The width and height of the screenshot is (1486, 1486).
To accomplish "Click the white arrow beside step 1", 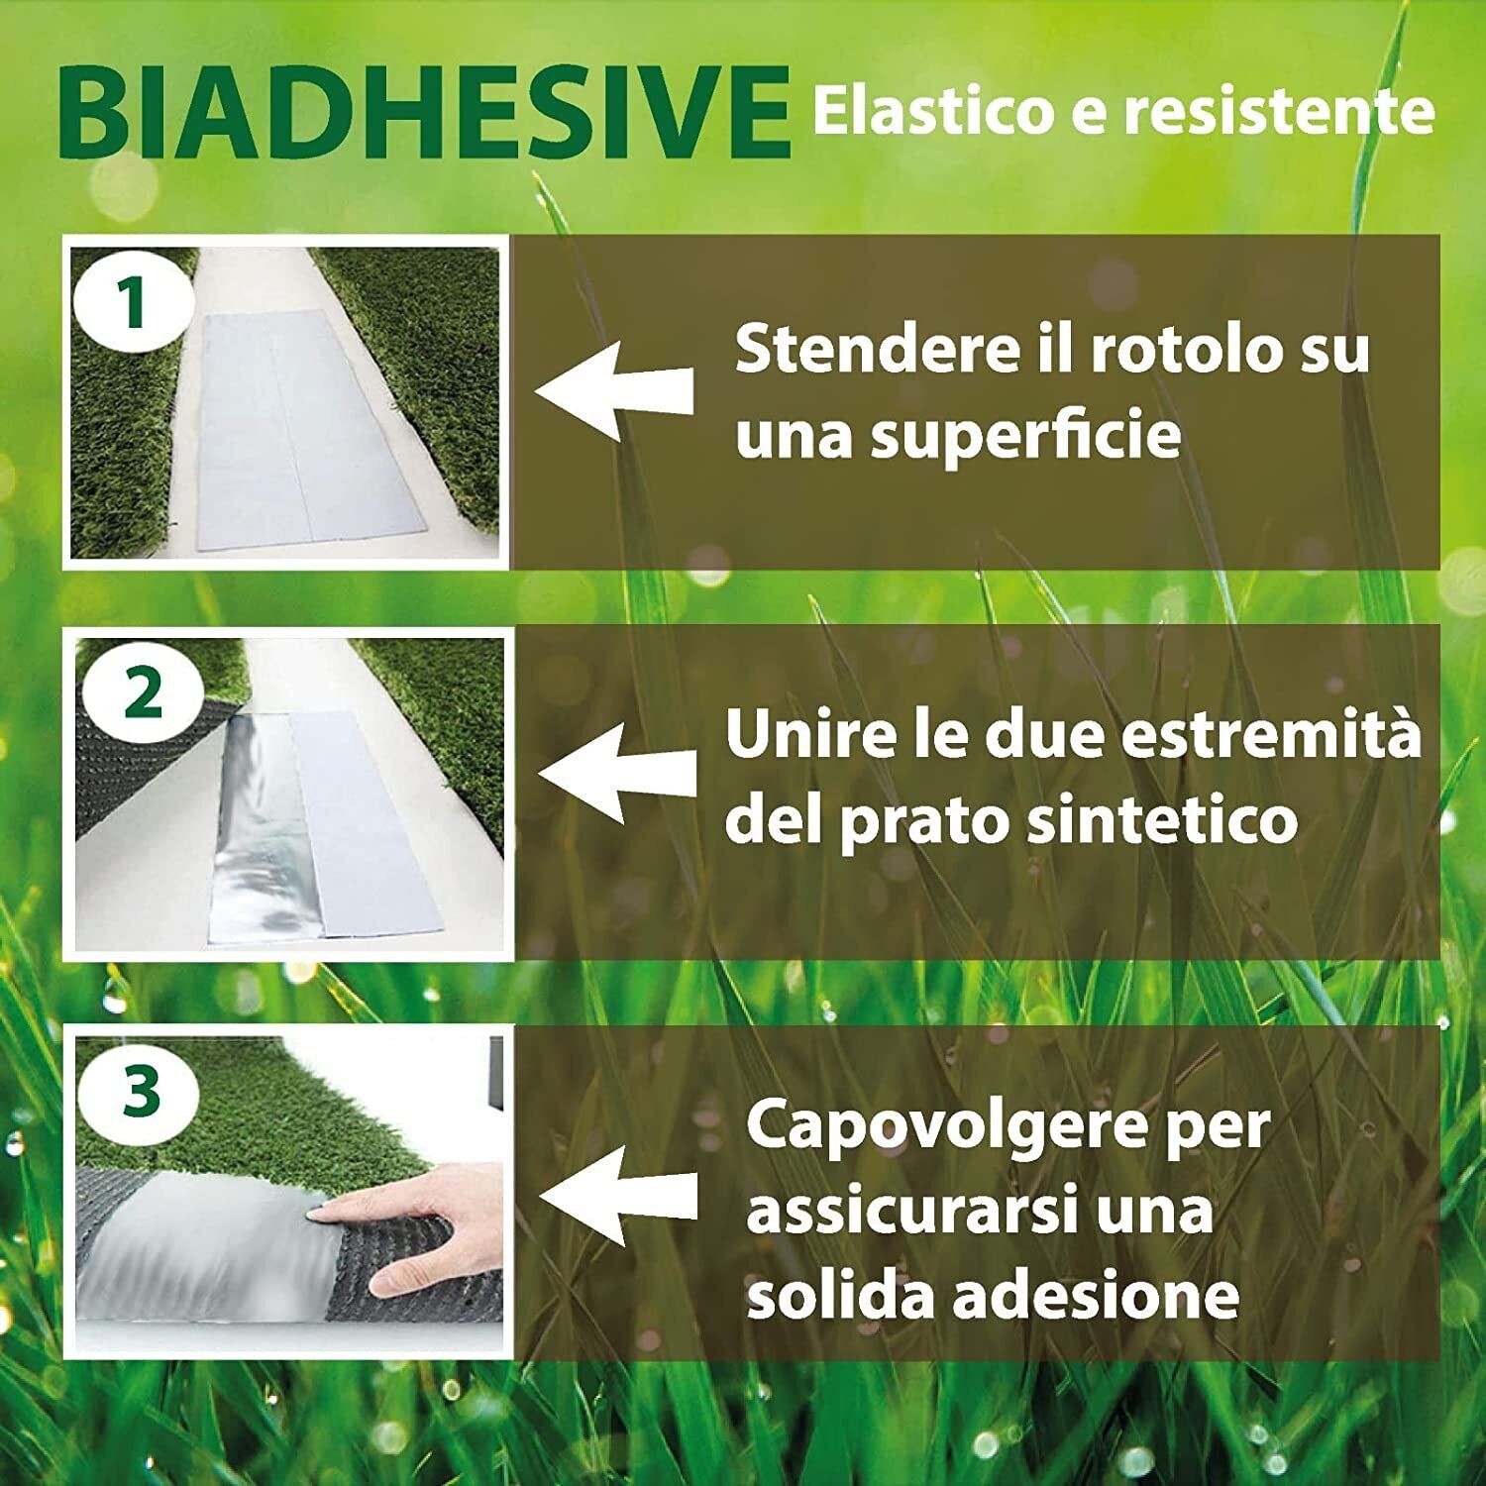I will tap(614, 390).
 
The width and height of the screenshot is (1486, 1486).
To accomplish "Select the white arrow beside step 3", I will tap(619, 1195).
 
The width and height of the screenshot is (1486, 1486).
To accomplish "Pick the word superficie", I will tap(1025, 436).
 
